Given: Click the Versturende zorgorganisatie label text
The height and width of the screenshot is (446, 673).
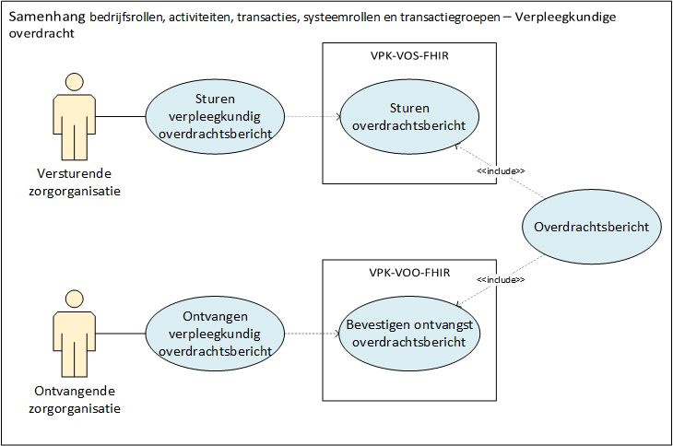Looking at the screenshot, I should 78,182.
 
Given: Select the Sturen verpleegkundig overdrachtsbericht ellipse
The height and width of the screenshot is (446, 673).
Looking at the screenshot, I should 215,117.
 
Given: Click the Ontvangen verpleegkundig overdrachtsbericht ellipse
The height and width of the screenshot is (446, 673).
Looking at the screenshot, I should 215,334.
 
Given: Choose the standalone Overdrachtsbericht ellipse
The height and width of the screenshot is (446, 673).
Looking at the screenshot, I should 592,227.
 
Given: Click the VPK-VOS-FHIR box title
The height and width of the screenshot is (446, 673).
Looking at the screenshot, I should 409,56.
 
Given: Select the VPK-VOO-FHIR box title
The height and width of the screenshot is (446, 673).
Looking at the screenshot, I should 409,273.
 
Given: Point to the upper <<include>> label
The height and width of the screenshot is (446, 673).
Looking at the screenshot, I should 501,171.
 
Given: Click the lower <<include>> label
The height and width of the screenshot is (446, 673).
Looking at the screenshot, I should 501,280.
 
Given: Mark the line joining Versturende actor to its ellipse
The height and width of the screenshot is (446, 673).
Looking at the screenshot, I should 121,117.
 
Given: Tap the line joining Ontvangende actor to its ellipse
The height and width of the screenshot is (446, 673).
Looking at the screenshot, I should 121,334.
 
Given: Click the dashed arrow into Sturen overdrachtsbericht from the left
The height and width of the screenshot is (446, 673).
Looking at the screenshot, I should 313,117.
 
